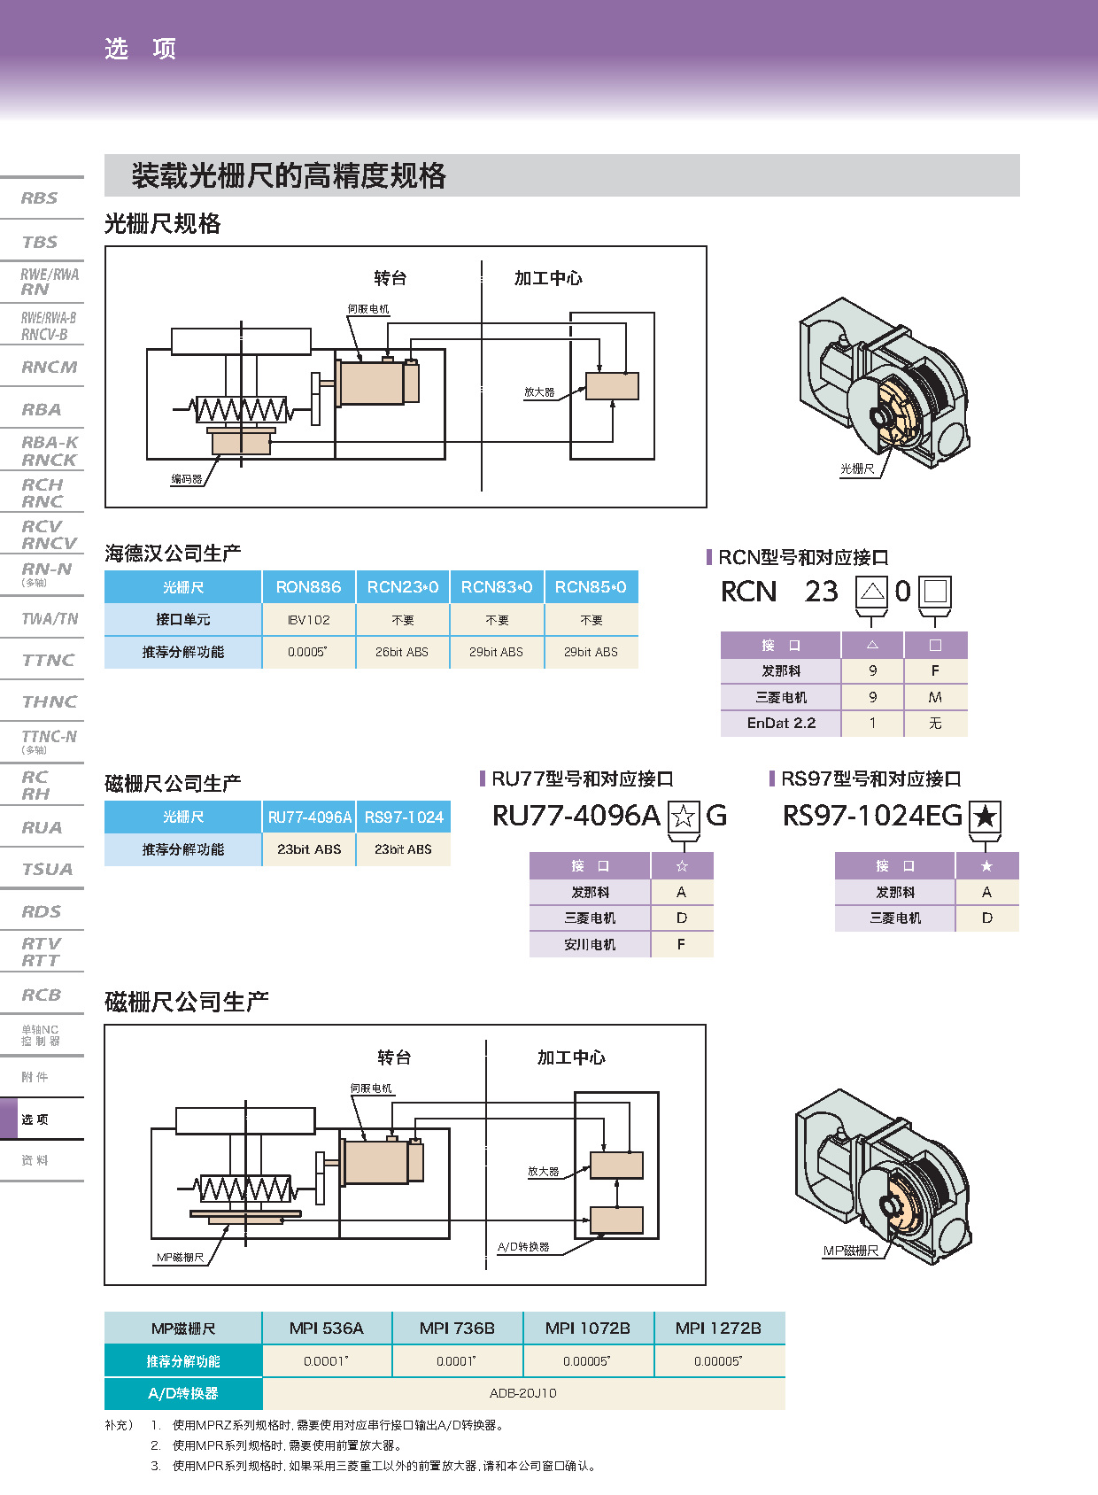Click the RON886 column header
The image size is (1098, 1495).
308,587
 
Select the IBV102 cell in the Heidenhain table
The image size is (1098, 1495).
308,620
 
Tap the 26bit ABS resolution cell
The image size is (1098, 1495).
402,652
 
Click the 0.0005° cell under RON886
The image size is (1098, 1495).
308,652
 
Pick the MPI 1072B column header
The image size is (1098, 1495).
588,1328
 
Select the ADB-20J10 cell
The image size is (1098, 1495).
523,1393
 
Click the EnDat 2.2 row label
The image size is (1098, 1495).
781,723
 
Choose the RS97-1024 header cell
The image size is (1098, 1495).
404,817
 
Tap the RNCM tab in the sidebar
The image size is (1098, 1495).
49,367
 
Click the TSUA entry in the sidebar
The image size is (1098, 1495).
47,869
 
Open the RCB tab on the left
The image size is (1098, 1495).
42,995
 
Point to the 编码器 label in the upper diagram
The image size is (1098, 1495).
187,479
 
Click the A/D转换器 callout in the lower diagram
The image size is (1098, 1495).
523,1247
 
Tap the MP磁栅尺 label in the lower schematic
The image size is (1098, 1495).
181,1258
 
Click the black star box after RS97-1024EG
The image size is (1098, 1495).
986,817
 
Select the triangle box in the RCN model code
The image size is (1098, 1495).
872,591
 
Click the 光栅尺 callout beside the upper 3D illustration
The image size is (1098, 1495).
857,469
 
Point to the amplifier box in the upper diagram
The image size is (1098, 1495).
612,386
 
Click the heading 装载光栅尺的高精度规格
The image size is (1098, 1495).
289,175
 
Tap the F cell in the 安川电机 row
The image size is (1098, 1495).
681,944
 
